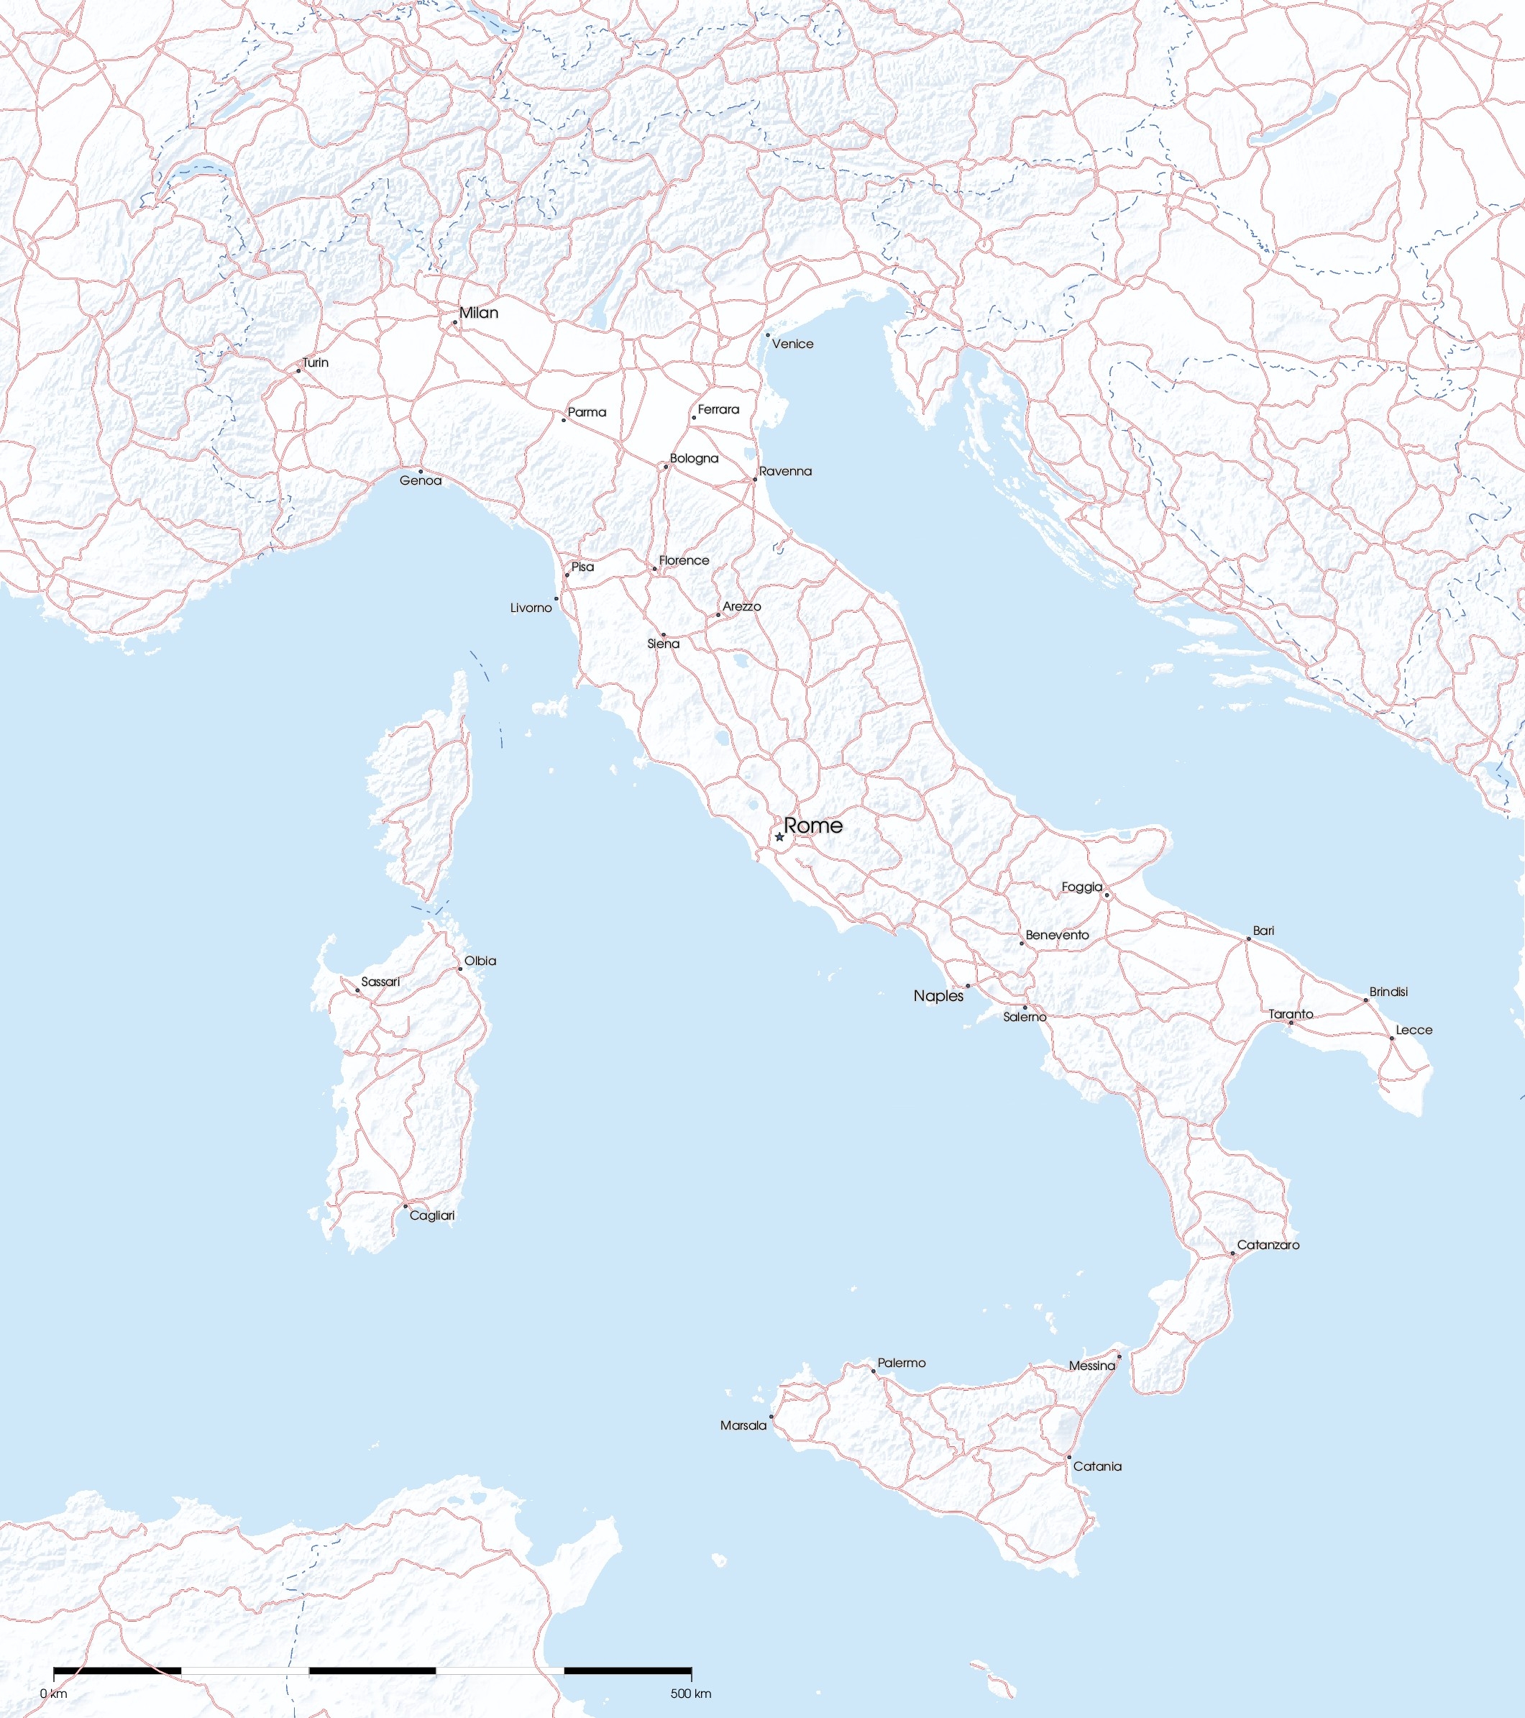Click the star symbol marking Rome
779,837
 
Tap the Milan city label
478,313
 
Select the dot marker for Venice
767,334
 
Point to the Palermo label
901,1363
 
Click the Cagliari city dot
405,1206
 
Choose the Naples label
938,996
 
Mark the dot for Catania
1068,1457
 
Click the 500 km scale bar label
691,1693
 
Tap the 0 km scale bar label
54,1693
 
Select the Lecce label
1414,1030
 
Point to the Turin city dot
298,370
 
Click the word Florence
684,561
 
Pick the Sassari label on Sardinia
380,982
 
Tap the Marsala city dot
771,1416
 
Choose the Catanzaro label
1268,1245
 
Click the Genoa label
420,481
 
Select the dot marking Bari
1249,939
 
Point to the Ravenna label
786,472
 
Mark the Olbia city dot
459,969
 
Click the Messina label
1091,1366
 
